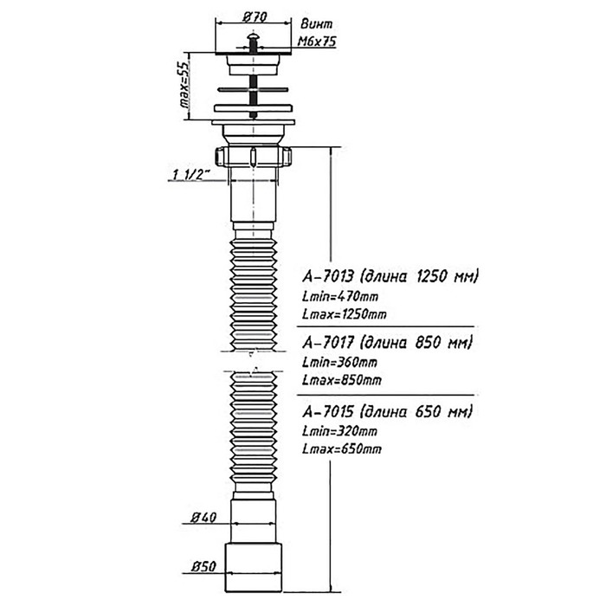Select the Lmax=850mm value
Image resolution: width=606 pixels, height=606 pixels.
point(340,380)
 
